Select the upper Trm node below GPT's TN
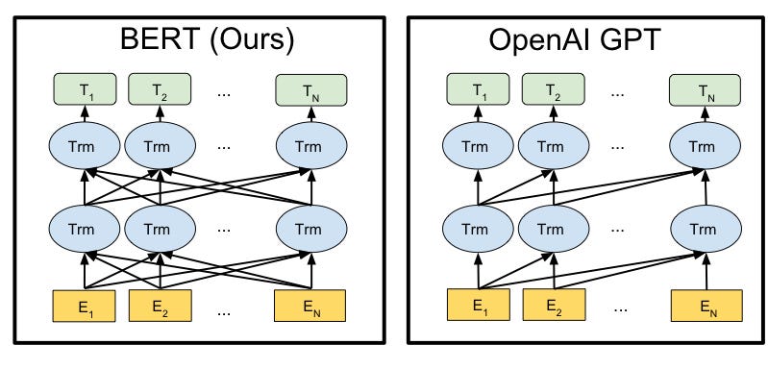(705, 149)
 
